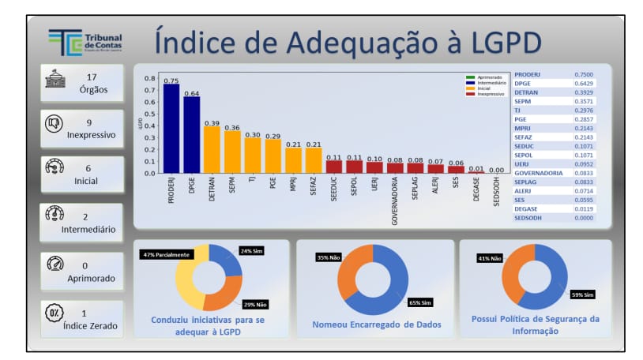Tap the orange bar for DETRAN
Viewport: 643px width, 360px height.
point(212,149)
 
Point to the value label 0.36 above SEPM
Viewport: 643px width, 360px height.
point(232,127)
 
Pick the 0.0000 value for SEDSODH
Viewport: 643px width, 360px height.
point(584,217)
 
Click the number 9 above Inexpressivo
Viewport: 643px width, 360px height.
point(89,122)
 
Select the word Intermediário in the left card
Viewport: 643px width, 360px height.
point(88,230)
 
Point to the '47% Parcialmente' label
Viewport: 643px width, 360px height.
point(166,255)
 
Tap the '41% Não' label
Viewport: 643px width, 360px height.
point(490,258)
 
